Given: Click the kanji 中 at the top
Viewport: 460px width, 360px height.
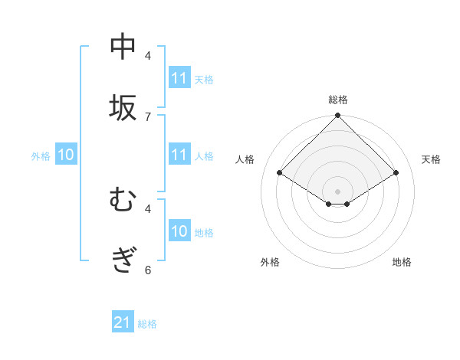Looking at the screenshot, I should pos(123,47).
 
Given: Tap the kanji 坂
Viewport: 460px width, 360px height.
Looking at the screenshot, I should pos(123,108).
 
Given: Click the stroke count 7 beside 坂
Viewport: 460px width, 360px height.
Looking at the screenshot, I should pos(148,116).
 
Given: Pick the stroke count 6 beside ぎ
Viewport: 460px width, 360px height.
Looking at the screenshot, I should pos(148,270).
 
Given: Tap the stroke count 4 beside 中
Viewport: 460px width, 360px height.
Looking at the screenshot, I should pos(148,55).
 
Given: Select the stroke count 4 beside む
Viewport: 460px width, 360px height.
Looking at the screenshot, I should pos(148,208).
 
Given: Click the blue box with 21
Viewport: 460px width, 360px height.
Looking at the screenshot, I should pos(123,323).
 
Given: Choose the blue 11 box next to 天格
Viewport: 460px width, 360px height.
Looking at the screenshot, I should pos(179,78).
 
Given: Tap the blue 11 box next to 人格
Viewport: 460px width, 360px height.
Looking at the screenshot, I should pos(179,155).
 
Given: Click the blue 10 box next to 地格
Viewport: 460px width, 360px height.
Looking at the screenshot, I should pos(179,232).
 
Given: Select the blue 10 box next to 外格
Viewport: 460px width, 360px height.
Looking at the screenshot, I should pos(66,155).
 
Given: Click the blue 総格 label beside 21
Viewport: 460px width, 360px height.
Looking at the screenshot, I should pos(147,324).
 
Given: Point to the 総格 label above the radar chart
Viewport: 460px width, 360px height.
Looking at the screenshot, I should pos(337,100).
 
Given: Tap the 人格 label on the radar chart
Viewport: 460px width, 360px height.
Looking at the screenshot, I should pos(245,159).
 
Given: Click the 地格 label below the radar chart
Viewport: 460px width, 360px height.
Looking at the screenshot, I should pos(402,263).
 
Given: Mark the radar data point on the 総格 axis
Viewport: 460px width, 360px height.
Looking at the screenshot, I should pos(337,116).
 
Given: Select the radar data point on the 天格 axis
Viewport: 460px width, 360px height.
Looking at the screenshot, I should pos(396,173).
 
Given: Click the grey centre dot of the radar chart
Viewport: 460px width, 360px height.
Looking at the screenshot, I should pos(337,191).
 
